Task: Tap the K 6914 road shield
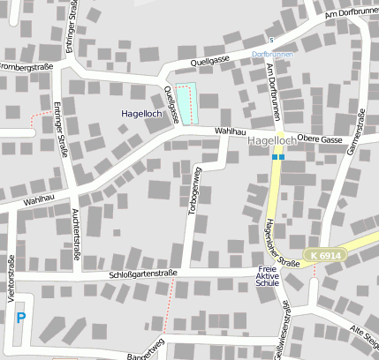pyautogui.click(x=325, y=255)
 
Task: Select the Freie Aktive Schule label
pyautogui.click(x=267, y=276)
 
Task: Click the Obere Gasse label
pyautogui.click(x=320, y=139)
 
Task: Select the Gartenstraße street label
pyautogui.click(x=356, y=133)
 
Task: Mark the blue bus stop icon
pyautogui.click(x=277, y=157)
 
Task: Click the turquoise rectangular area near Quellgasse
pyautogui.click(x=186, y=104)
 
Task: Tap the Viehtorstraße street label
pyautogui.click(x=11, y=279)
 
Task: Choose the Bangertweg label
pyautogui.click(x=145, y=349)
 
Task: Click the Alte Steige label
pyautogui.click(x=364, y=335)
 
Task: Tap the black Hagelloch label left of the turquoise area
pyautogui.click(x=141, y=114)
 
